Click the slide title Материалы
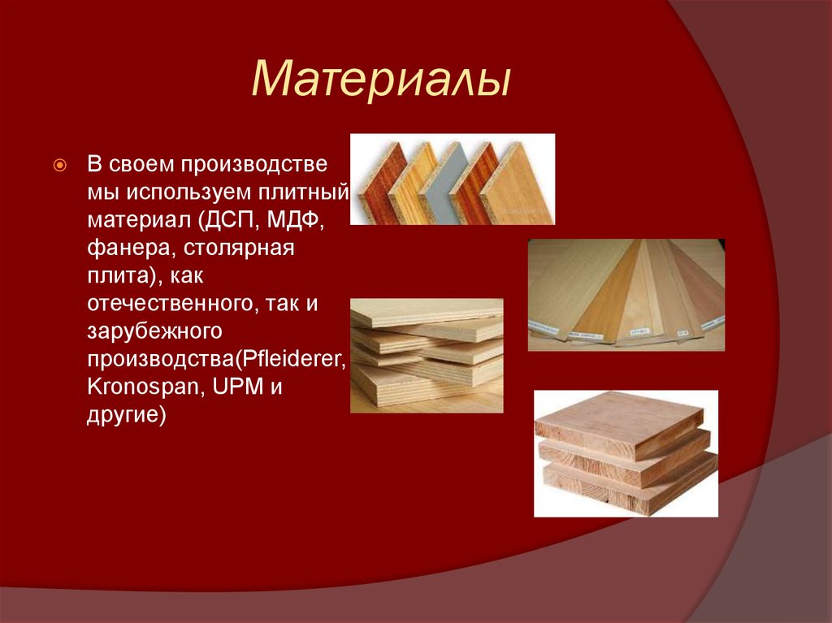tap(381, 80)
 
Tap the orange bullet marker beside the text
tap(60, 166)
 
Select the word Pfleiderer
tap(292, 359)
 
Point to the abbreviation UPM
tap(238, 387)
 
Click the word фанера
tap(131, 249)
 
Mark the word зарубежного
tap(154, 331)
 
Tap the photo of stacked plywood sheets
tap(427, 356)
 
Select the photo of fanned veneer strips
tap(626, 295)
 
